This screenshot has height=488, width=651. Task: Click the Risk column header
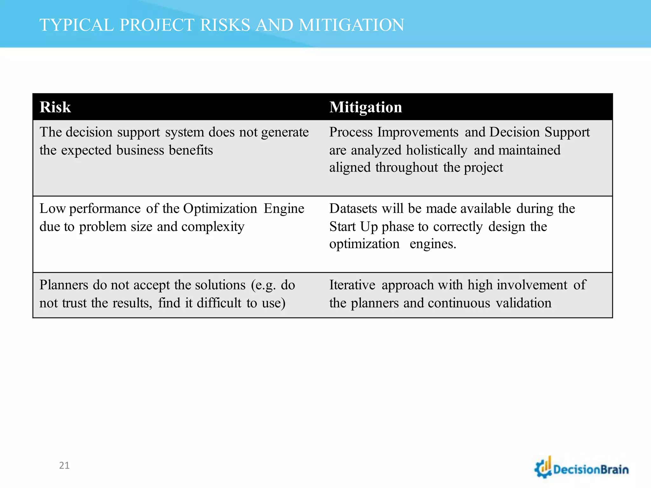click(x=55, y=107)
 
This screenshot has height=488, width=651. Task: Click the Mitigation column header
click(x=366, y=107)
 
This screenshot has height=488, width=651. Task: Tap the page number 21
click(x=64, y=465)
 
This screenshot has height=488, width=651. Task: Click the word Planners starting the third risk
click(x=64, y=285)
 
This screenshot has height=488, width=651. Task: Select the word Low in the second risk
click(x=52, y=209)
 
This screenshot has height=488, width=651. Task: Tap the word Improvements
click(x=418, y=132)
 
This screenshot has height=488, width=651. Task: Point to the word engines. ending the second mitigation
click(x=433, y=244)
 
